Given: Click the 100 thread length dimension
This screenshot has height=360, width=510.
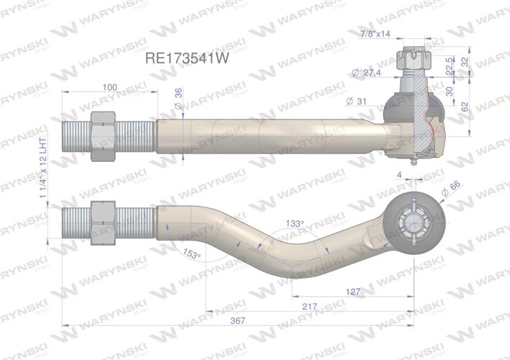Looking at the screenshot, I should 109,87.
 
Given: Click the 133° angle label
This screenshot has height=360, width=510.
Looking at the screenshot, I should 294,224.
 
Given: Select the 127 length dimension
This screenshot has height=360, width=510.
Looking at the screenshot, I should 353,292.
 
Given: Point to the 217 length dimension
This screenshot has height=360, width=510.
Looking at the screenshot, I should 310,307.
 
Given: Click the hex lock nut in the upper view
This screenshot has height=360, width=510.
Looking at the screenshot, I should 102,136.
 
